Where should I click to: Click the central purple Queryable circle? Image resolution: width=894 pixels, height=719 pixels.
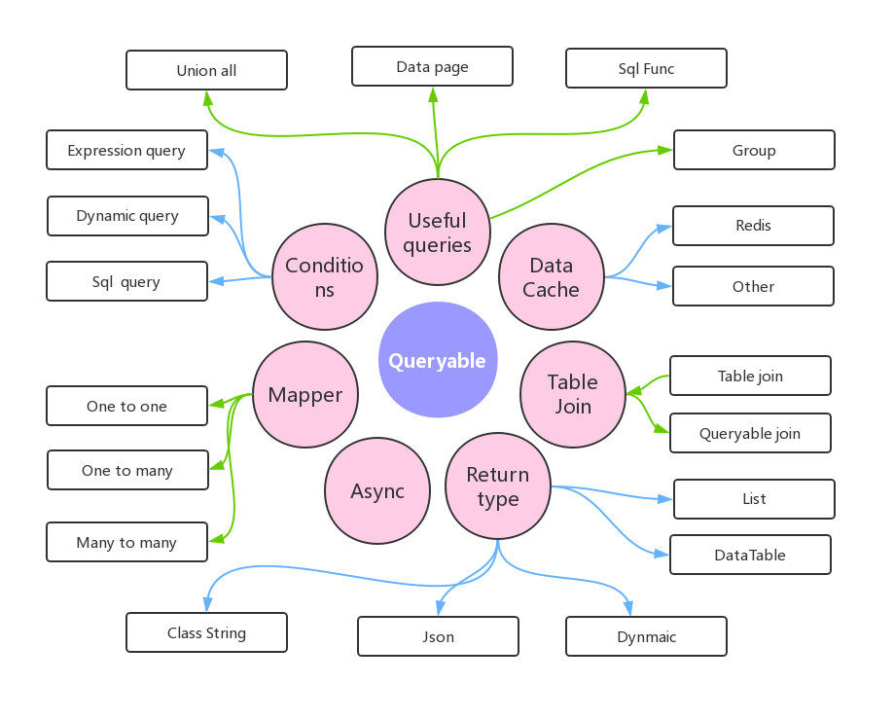coord(438,360)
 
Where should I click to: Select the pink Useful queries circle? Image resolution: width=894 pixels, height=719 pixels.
coord(438,233)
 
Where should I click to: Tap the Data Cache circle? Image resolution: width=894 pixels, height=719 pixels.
coord(552,277)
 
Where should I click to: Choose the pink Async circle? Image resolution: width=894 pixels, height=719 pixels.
coord(377,491)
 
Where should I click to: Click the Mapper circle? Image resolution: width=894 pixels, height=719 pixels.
coord(305,395)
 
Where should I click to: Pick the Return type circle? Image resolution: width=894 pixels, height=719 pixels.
coord(498,486)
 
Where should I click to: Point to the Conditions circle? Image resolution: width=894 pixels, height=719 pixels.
coord(324,277)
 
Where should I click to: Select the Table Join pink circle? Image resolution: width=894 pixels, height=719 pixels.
coord(573,394)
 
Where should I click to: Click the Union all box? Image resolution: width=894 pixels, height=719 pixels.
coord(206,70)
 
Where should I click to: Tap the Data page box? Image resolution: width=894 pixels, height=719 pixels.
coord(432,66)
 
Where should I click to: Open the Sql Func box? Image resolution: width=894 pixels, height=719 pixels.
coord(646,69)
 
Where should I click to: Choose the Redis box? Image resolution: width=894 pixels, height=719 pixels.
coord(753,226)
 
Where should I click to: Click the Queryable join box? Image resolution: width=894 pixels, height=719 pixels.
coord(750,433)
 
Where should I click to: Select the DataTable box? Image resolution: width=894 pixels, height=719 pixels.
coord(750,555)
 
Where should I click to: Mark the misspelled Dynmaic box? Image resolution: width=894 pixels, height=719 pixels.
coord(646,636)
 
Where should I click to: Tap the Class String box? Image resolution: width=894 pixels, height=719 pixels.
coord(206,632)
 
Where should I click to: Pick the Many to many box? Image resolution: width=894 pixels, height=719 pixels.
coord(126,542)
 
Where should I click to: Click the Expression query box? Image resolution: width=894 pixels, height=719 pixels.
coord(126,150)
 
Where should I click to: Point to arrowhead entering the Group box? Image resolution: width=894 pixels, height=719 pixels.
coord(666,150)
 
